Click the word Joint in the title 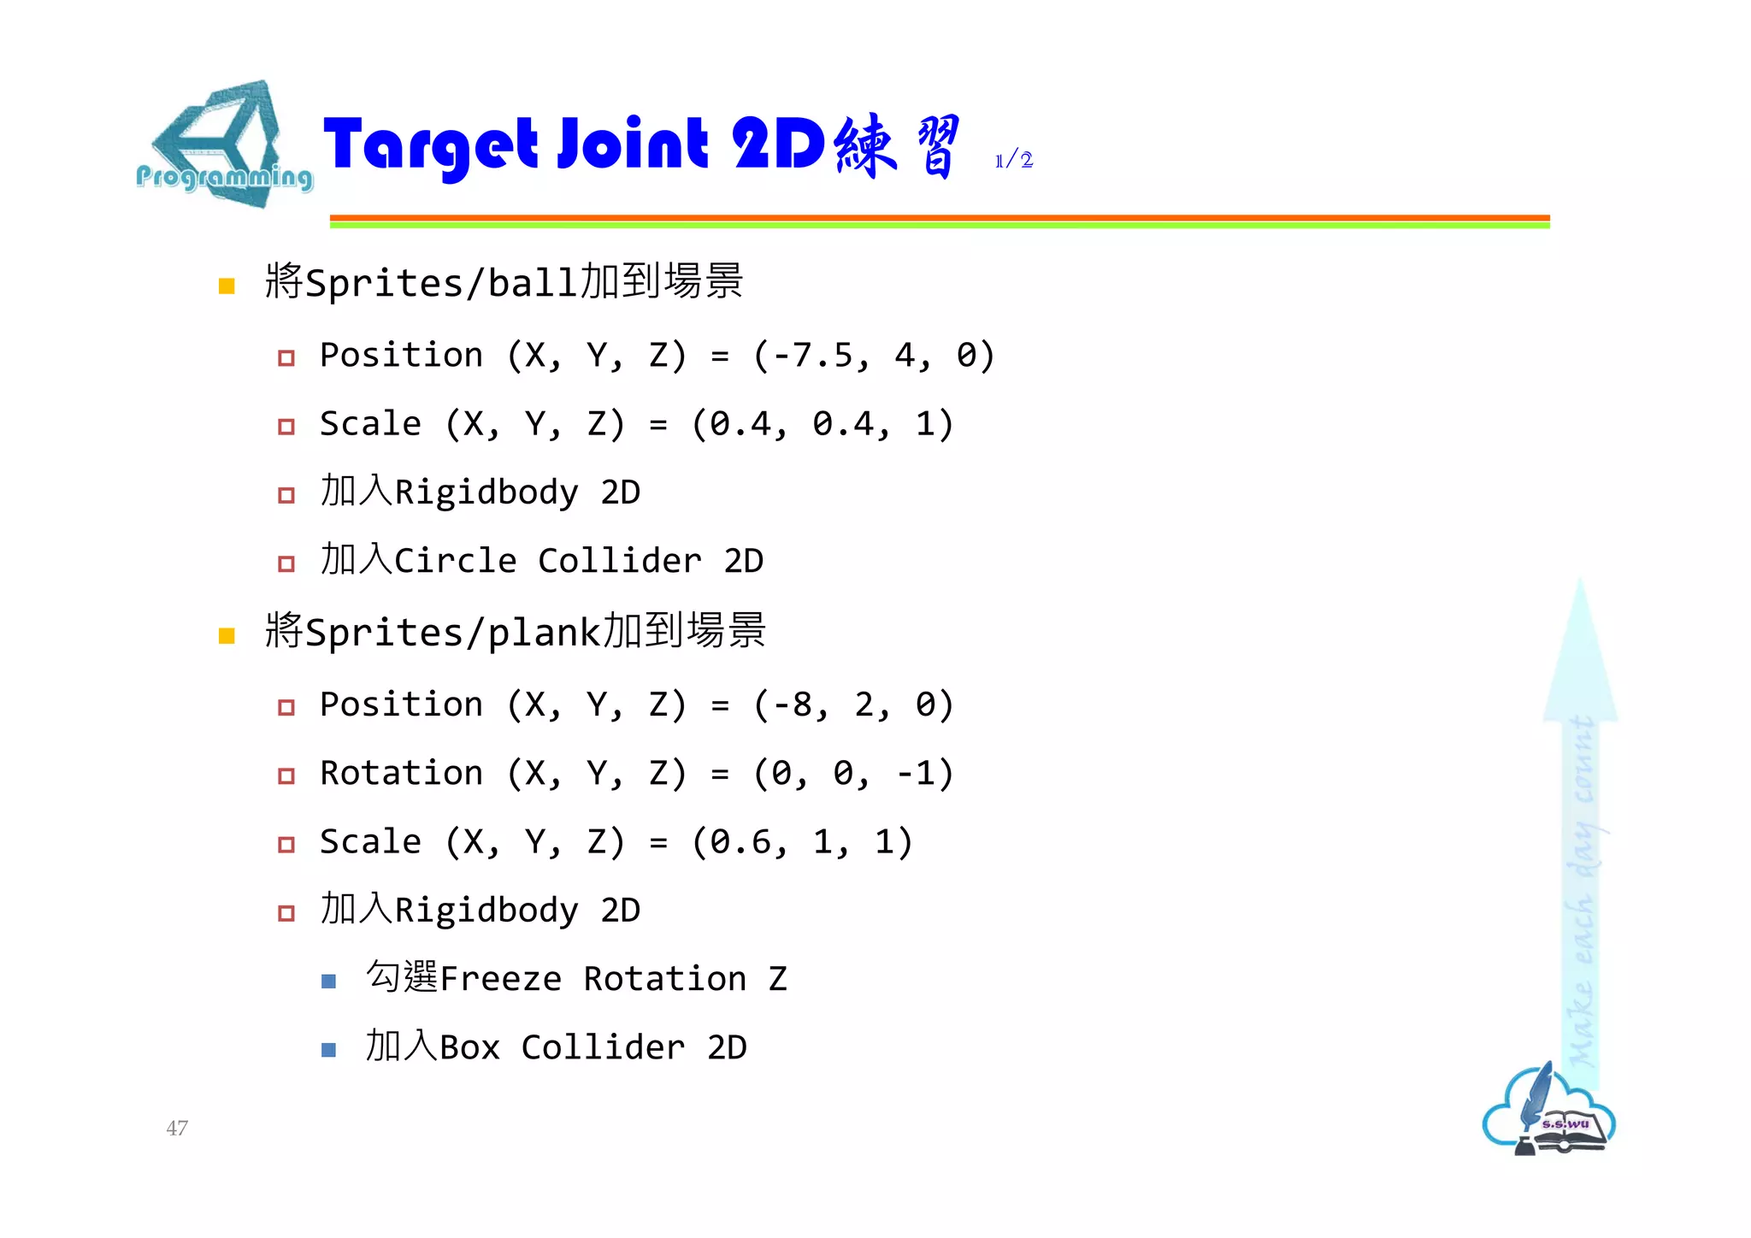(x=633, y=144)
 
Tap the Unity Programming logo (x=224, y=147)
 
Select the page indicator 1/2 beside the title (x=1014, y=160)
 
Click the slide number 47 (x=177, y=1128)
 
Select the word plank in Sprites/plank (x=545, y=633)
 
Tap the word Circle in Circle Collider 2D (x=455, y=561)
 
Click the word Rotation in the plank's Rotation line (x=401, y=773)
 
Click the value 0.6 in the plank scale (x=740, y=842)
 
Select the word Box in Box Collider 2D (x=469, y=1047)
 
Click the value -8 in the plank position (x=792, y=704)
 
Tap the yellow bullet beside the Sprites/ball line (x=227, y=286)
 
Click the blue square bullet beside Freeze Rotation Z (x=328, y=982)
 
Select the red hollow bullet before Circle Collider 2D (x=286, y=563)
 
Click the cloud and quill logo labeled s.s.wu (x=1549, y=1111)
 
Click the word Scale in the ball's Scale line (x=370, y=424)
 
